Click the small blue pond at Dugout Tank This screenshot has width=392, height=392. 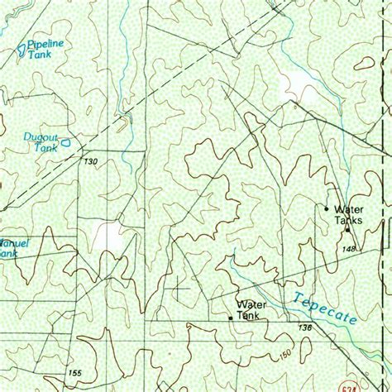(65, 141)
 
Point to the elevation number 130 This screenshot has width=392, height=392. (90, 161)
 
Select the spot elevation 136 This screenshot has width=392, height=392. (305, 328)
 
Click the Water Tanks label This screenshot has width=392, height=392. (349, 214)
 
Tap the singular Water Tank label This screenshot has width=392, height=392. (249, 309)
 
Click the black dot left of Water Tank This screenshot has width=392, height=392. (230, 317)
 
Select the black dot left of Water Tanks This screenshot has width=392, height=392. (327, 208)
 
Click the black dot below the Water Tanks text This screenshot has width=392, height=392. (348, 230)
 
